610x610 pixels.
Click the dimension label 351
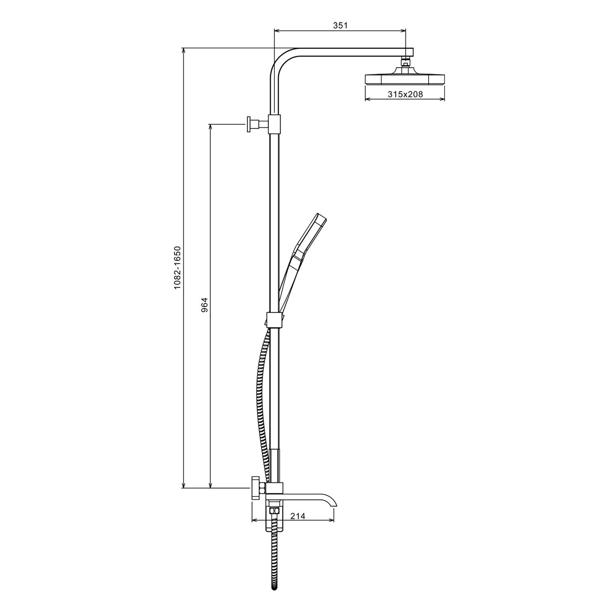[340, 25]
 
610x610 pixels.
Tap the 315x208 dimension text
[405, 94]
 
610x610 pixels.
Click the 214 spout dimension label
[298, 516]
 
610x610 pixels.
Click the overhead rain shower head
[405, 79]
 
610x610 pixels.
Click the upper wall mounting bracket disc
[248, 124]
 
